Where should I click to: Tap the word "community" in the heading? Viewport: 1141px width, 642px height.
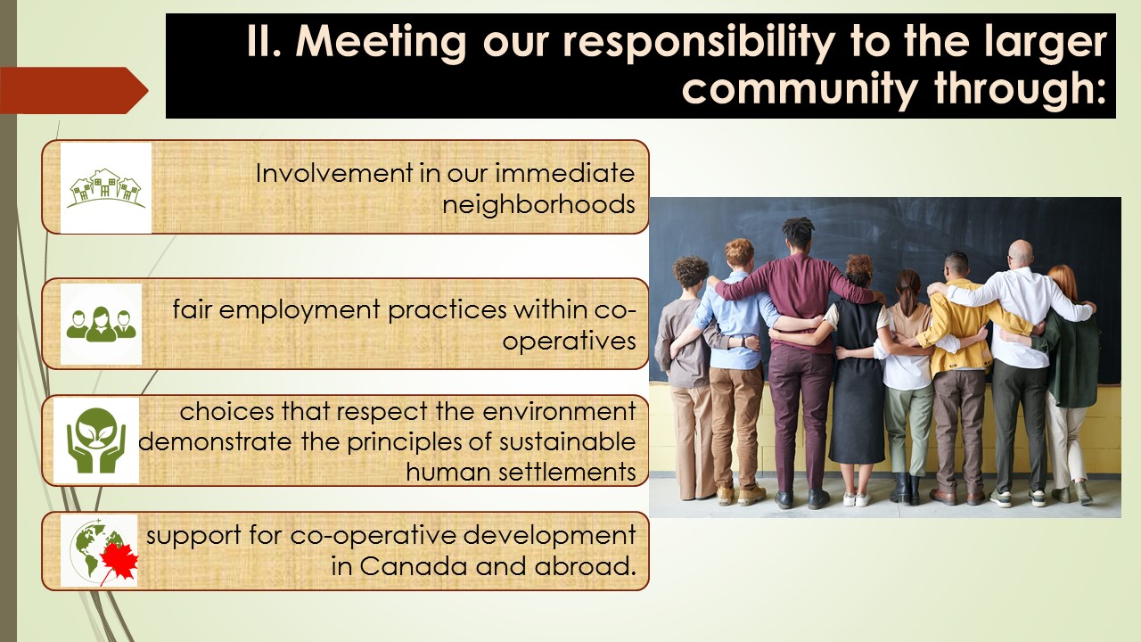pyautogui.click(x=800, y=90)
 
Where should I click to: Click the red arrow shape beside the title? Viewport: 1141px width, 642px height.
pyautogui.click(x=74, y=90)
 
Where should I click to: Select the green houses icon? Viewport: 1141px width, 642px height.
pyautogui.click(x=106, y=188)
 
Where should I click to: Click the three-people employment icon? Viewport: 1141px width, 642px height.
pyautogui.click(x=102, y=324)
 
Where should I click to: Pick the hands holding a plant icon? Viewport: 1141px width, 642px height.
pyautogui.click(x=96, y=440)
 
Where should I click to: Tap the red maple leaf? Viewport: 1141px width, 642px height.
pyautogui.click(x=119, y=562)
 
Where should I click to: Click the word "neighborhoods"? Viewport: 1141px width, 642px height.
pyautogui.click(x=538, y=205)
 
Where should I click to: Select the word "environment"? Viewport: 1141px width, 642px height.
pyautogui.click(x=559, y=411)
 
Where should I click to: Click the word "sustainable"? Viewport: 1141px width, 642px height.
pyautogui.click(x=567, y=441)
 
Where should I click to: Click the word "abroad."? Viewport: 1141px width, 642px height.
pyautogui.click(x=586, y=566)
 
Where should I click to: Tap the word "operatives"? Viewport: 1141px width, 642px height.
pyautogui.click(x=569, y=341)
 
